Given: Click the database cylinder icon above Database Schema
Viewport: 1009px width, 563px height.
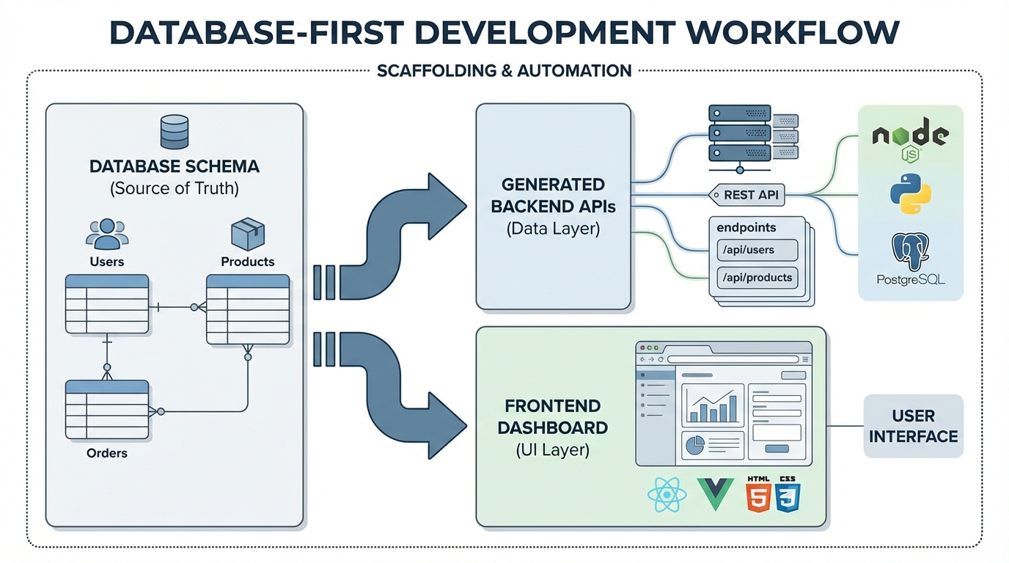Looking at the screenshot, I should click(x=175, y=133).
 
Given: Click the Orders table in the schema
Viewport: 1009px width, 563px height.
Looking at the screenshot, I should click(x=107, y=410).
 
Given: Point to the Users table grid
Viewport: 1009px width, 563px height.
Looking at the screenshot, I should click(x=107, y=304).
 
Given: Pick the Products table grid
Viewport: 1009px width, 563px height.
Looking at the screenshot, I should click(x=248, y=310).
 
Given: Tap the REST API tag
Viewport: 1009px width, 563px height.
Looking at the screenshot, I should click(x=747, y=196).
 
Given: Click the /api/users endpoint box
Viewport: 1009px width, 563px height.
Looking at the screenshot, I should click(x=756, y=250).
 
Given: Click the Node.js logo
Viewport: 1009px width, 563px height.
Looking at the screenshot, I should click(x=910, y=139).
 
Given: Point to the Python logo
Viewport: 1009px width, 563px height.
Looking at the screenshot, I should click(x=911, y=194).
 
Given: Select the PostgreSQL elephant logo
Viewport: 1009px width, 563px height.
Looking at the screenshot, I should click(x=911, y=253).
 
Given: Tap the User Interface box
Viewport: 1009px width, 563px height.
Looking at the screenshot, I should click(x=913, y=426).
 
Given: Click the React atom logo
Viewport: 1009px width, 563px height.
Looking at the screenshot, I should click(x=667, y=495).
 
